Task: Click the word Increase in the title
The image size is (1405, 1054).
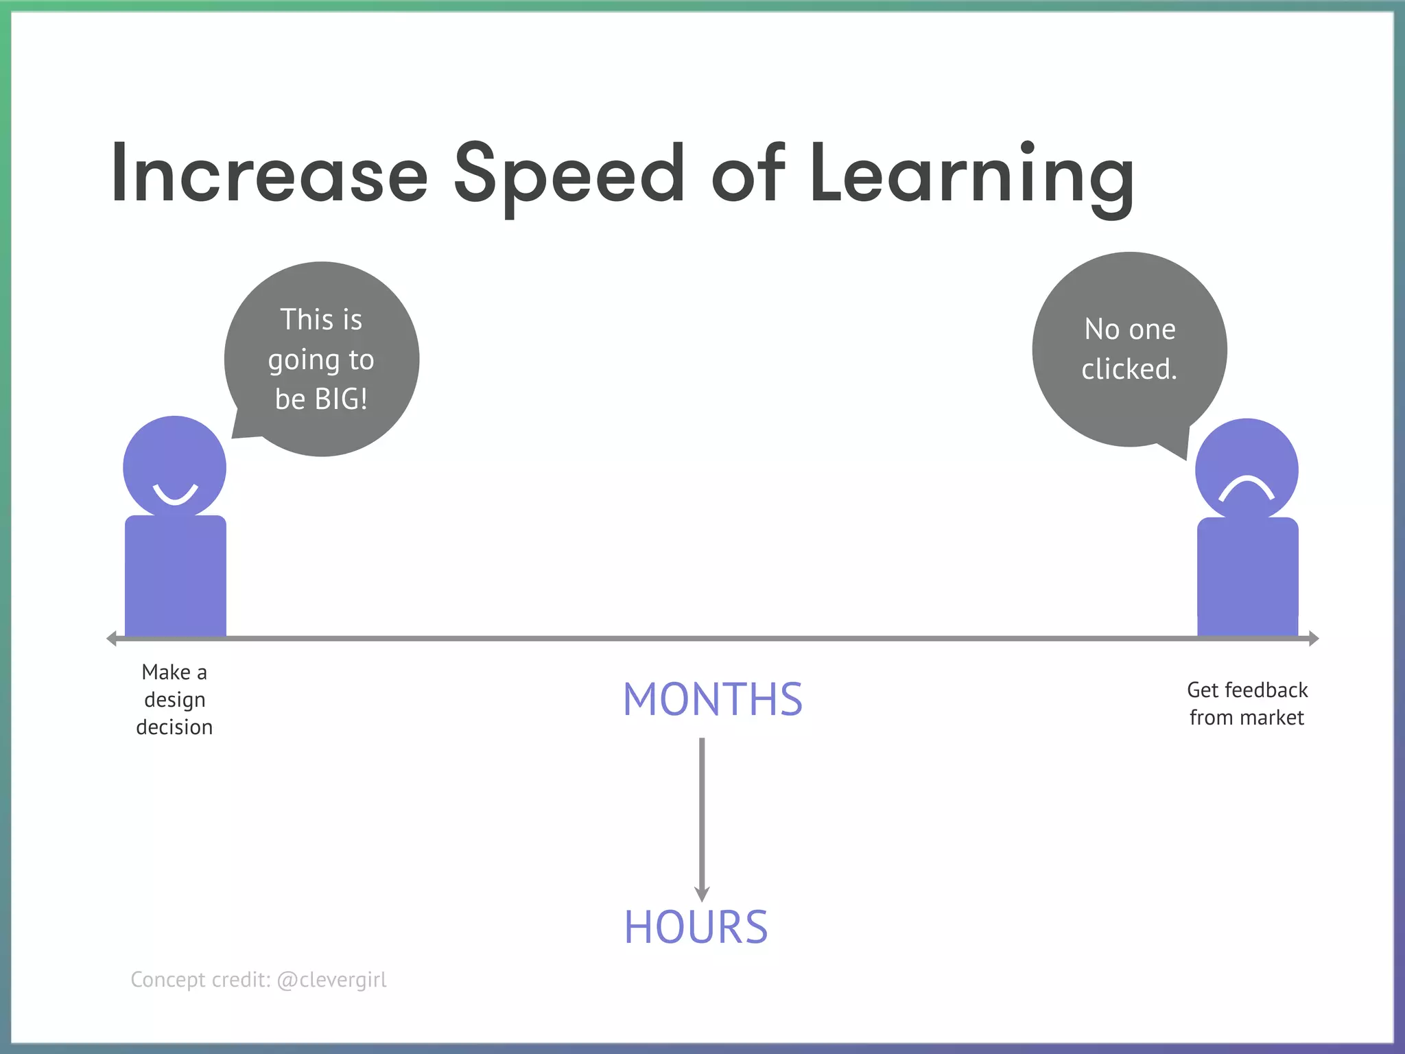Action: [x=269, y=173]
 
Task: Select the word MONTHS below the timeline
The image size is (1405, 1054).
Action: [x=712, y=699]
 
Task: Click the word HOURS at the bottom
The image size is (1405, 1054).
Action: [x=696, y=927]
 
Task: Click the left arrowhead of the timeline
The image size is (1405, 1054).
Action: [x=112, y=639]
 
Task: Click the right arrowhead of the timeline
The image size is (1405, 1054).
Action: [x=1313, y=639]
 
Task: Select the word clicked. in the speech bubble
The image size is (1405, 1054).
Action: [x=1129, y=369]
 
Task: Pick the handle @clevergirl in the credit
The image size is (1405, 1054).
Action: [x=331, y=979]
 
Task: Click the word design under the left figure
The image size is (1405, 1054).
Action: [x=175, y=700]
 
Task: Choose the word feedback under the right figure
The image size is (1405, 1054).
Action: [x=1266, y=690]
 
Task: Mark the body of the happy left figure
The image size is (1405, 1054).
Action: [x=175, y=576]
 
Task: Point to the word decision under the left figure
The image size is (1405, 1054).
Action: [x=174, y=727]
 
